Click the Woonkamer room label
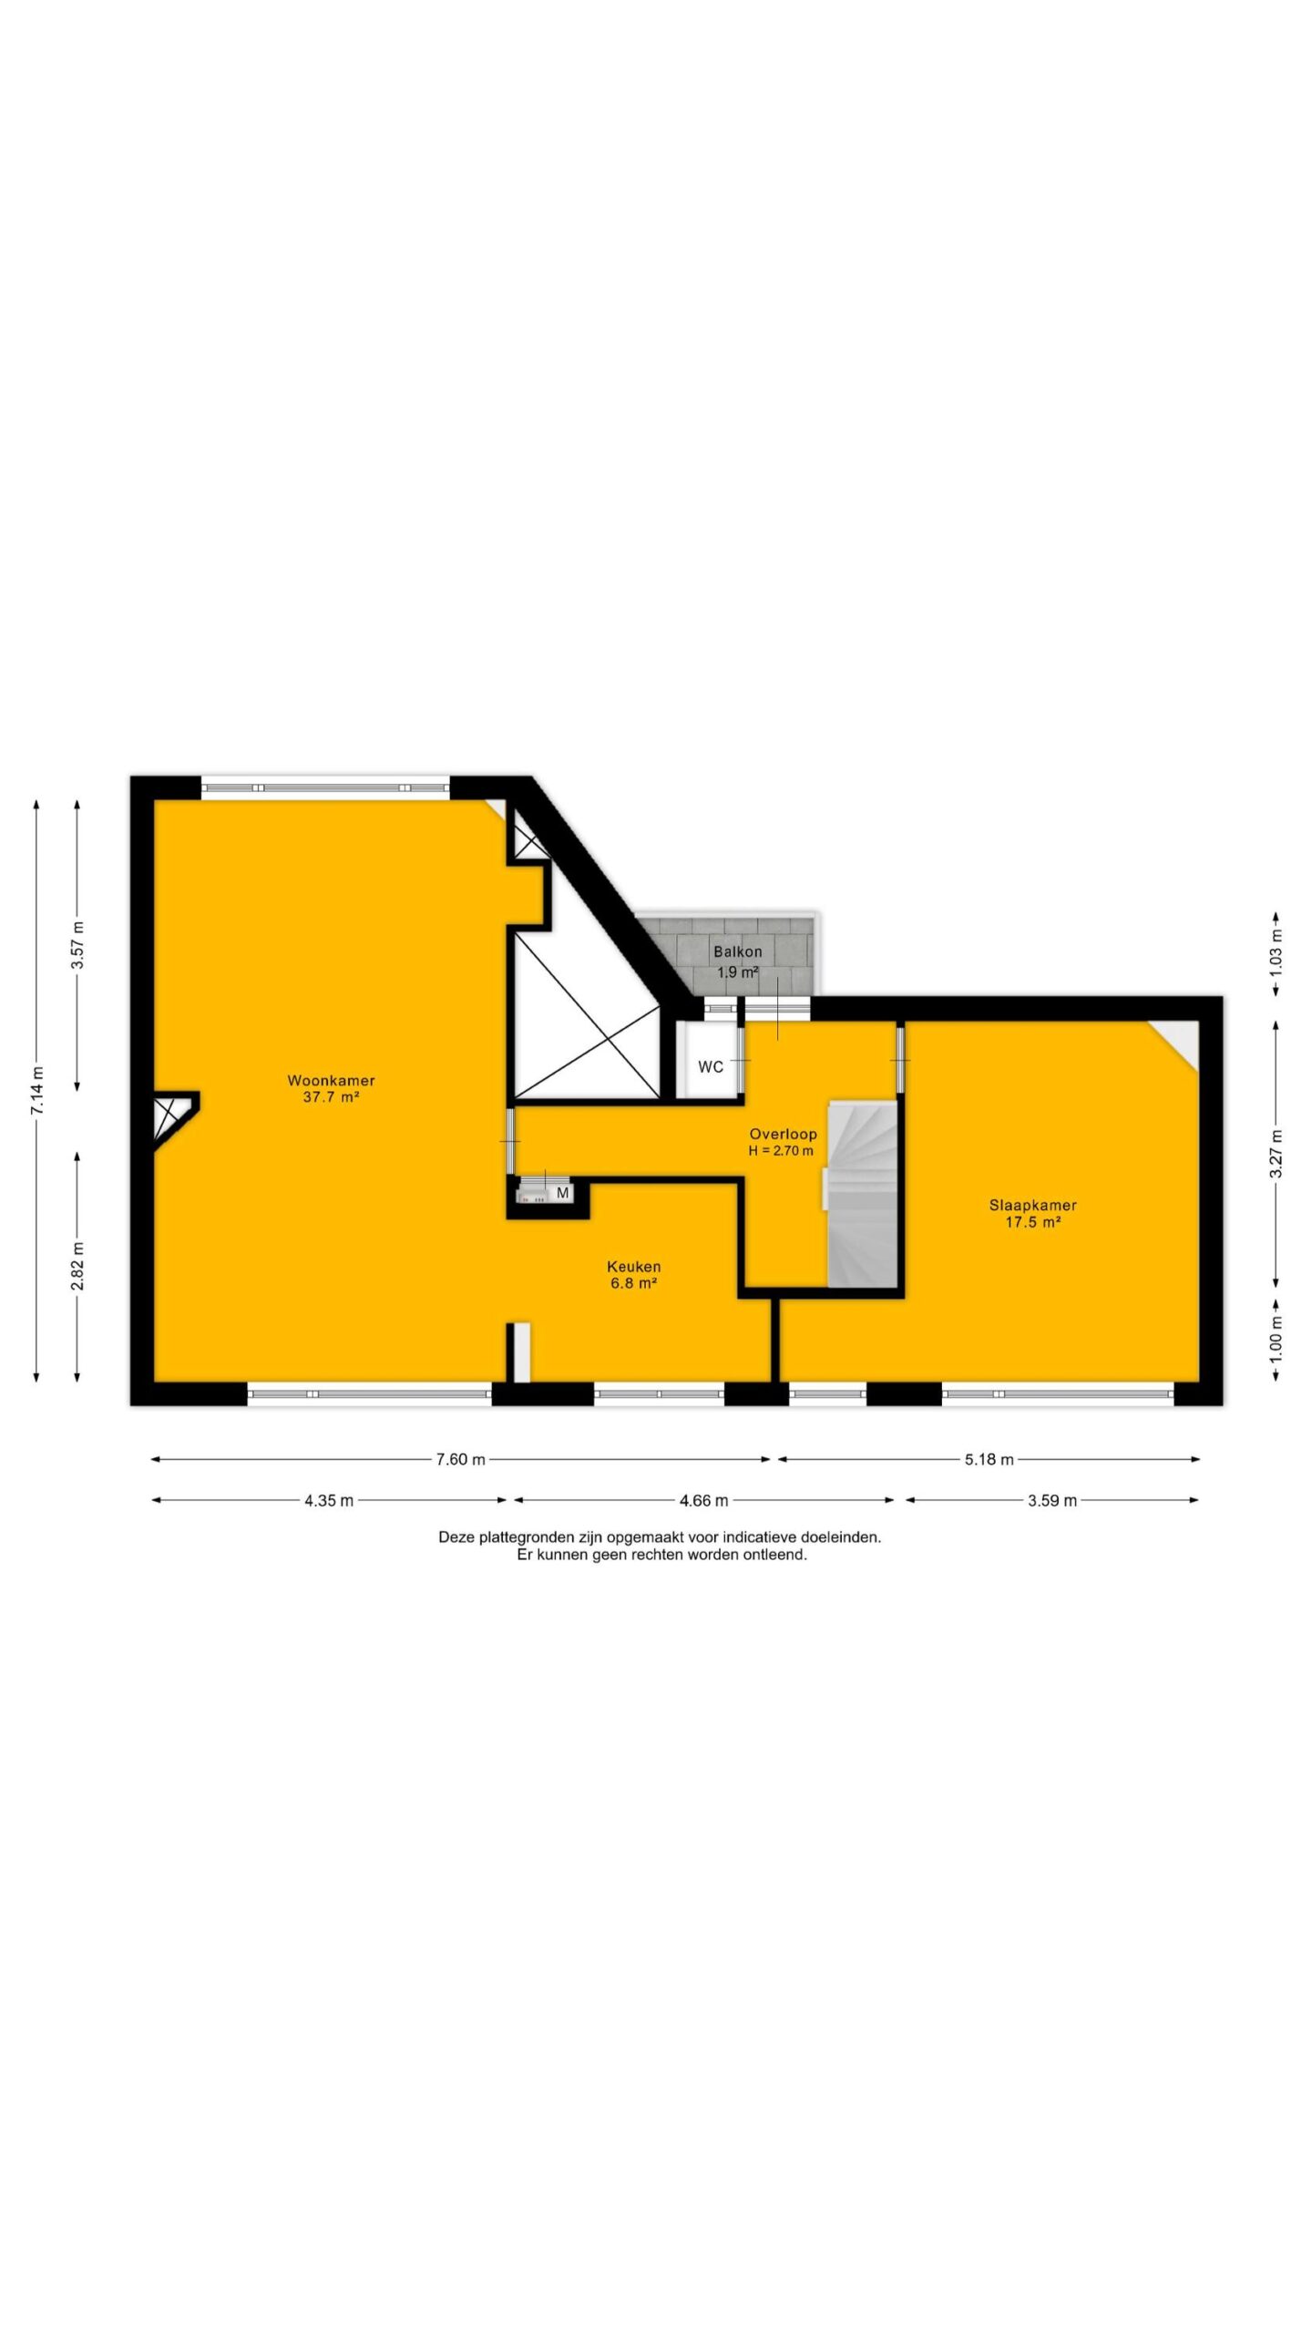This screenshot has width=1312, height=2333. click(x=331, y=1081)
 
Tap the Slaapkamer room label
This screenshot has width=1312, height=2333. click(x=1032, y=1206)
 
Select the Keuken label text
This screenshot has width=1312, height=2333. click(x=634, y=1267)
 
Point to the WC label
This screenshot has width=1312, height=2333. click(x=711, y=1067)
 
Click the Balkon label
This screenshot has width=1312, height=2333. click(x=738, y=951)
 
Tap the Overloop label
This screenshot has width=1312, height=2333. click(x=783, y=1135)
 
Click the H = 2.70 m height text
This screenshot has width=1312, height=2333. click(x=781, y=1151)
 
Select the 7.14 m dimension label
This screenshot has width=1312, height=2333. click(x=37, y=1090)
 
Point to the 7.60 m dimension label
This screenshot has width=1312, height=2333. click(x=460, y=1459)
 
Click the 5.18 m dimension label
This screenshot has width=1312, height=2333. click(x=989, y=1459)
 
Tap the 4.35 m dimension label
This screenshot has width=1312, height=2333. click(x=329, y=1500)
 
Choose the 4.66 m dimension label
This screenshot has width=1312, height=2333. click(x=703, y=1500)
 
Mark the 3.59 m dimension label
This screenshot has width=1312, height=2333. click(x=1052, y=1500)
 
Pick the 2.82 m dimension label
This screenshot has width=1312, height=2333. click(x=78, y=1266)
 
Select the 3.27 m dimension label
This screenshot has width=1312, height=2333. click(x=1276, y=1154)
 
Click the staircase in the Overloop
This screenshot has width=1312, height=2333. click(x=861, y=1195)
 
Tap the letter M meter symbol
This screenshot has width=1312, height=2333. click(x=562, y=1193)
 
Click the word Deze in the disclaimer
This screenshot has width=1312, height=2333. click(x=456, y=1536)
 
